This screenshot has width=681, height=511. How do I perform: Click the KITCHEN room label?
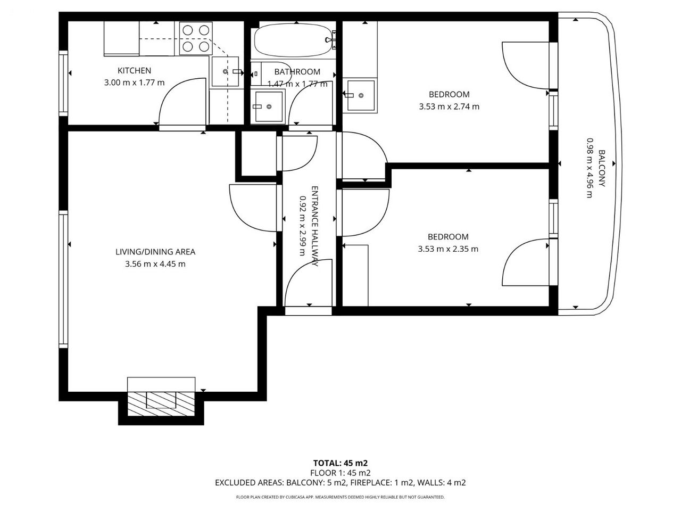(135, 71)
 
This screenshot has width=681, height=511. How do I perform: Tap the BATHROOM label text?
(297, 72)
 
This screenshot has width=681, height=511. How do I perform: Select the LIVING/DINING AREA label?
(155, 252)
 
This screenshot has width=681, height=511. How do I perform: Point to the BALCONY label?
(602, 169)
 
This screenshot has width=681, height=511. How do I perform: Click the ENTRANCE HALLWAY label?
(315, 226)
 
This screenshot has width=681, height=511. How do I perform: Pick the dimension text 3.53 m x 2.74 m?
(449, 107)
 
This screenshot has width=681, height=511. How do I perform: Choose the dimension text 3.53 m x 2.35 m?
(448, 249)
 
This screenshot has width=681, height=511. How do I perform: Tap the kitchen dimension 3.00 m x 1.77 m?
(135, 83)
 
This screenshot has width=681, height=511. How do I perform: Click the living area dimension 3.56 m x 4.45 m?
(155, 264)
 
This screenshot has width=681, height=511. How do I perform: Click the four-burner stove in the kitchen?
(196, 38)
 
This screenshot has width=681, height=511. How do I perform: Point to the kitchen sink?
(226, 71)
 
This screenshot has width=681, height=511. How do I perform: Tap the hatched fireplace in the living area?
(161, 404)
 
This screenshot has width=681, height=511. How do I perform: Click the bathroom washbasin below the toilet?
(269, 106)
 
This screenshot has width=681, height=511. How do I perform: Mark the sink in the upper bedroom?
(361, 95)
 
